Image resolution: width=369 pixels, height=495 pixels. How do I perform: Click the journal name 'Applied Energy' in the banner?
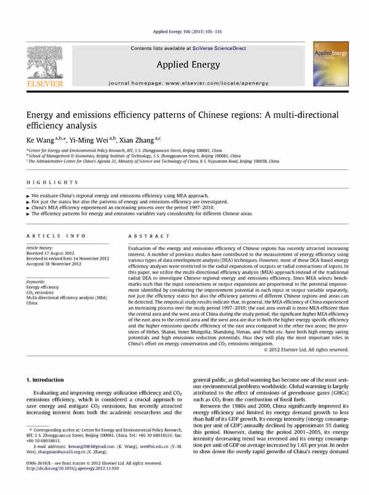pos(184,64)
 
